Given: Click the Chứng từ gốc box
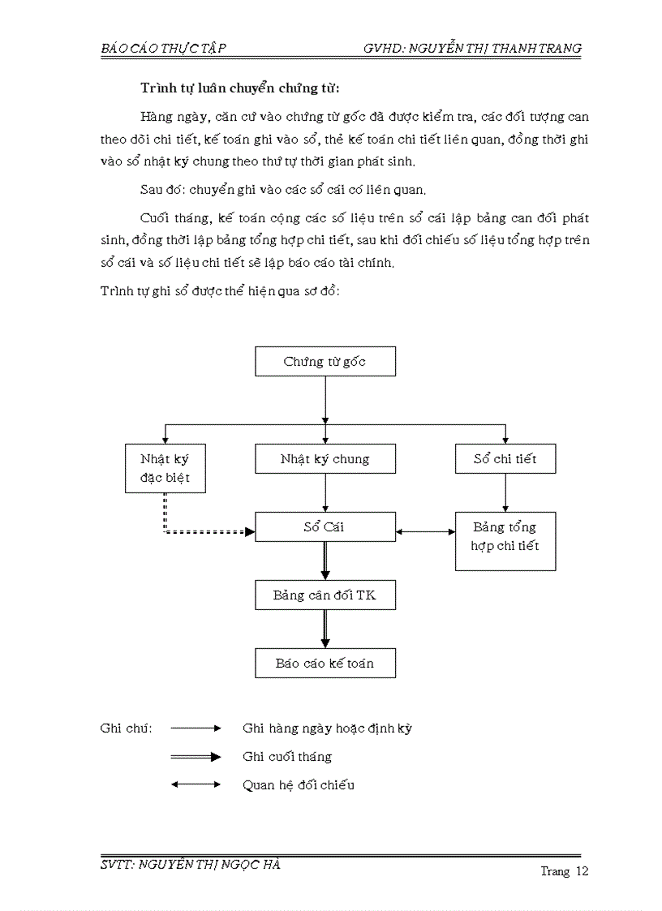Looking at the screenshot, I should [325, 362].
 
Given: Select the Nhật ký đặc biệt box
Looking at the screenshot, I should [165, 468].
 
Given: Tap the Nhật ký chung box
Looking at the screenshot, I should [325, 459].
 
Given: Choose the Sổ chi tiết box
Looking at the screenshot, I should [505, 459].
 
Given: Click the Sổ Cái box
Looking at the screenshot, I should [325, 527].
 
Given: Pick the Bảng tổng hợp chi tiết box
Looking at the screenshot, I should [505, 537].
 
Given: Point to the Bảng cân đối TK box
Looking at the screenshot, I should [325, 595].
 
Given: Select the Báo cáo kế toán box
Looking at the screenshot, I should [325, 663].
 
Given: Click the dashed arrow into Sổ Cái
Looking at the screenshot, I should [203, 532].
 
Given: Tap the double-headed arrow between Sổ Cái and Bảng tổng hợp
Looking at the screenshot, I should [426, 532].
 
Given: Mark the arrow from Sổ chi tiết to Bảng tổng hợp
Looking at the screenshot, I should [506, 492].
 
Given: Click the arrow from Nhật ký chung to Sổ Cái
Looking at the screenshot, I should [325, 492].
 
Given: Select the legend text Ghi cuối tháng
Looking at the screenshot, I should [287, 757].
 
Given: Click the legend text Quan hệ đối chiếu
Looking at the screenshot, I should [299, 785].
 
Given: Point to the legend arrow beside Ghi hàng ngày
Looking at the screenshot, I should [196, 728].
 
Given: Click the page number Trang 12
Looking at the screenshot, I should [564, 872].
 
